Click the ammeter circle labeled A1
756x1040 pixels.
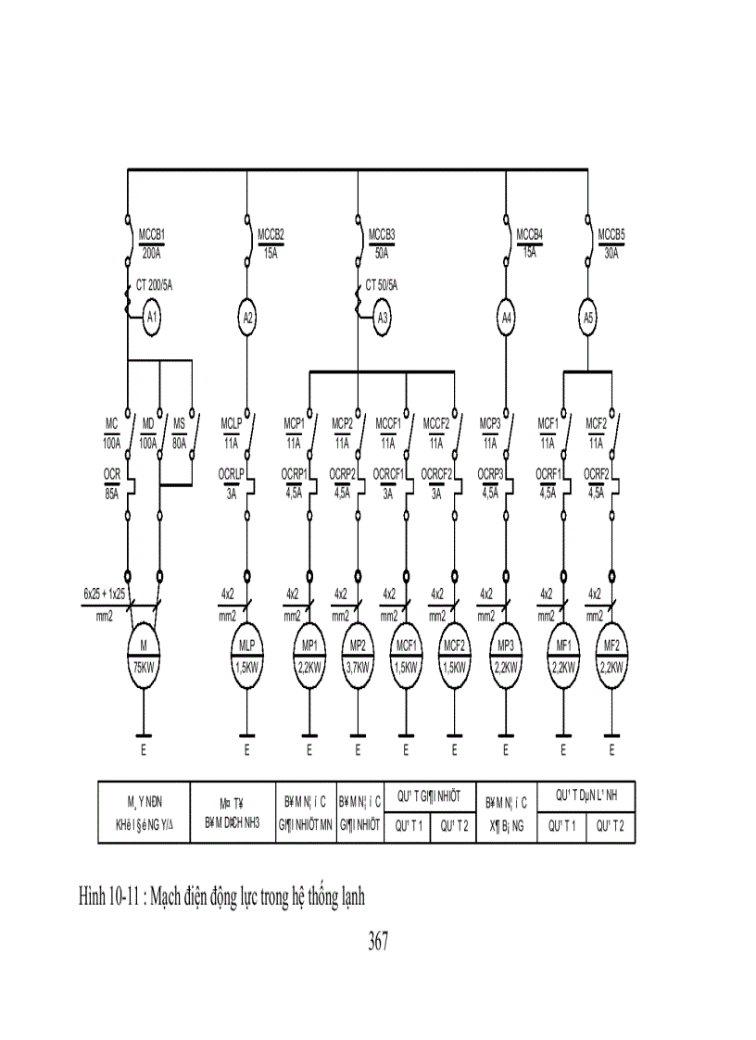[x=153, y=320]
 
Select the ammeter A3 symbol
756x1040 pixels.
[x=383, y=320]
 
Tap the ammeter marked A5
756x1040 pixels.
[x=588, y=320]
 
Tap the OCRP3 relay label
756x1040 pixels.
[x=490, y=474]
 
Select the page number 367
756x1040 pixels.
[x=377, y=943]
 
